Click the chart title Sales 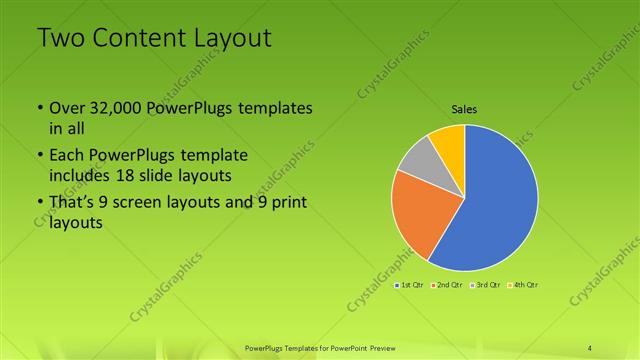[463, 108]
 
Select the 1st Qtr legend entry [409, 285]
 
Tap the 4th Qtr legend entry [521, 285]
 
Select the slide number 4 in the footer [590, 347]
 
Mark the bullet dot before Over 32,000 [38, 109]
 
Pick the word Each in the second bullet [67, 156]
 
